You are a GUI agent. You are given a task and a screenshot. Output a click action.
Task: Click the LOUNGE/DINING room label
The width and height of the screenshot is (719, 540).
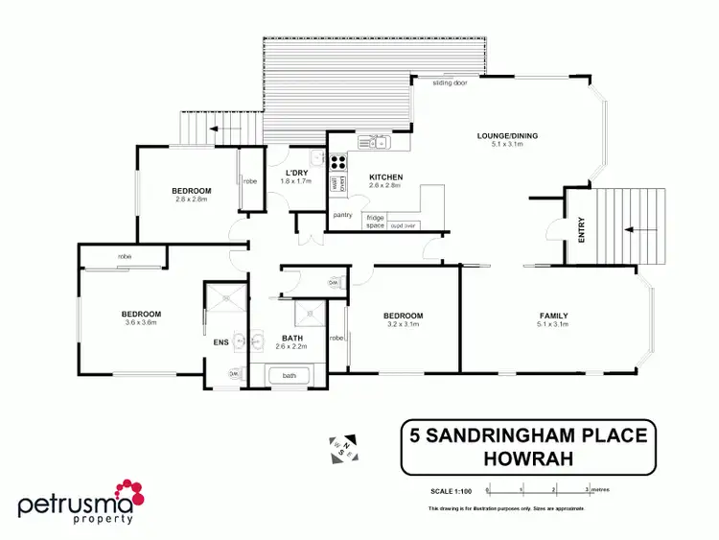click(508, 136)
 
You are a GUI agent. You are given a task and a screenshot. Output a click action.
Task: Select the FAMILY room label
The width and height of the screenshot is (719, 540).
click(553, 316)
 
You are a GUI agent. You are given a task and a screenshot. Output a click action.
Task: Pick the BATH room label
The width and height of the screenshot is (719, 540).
click(292, 338)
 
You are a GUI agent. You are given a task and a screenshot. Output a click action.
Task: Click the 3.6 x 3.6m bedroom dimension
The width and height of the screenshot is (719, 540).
click(141, 324)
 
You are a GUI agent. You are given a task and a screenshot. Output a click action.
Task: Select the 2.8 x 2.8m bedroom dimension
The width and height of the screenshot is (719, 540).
click(192, 200)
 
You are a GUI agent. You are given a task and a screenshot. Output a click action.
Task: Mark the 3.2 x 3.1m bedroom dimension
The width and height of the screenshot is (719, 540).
click(403, 325)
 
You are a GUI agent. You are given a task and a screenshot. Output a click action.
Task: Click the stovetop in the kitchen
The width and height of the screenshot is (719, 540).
click(338, 162)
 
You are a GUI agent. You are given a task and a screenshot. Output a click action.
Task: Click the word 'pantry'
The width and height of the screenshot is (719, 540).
click(343, 215)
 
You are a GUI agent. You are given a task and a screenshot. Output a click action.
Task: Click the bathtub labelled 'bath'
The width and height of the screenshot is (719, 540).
click(290, 375)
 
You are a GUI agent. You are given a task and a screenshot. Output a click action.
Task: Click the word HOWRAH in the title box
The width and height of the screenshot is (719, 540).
click(526, 459)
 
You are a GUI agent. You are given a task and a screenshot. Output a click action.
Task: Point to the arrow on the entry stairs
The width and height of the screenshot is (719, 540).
click(630, 230)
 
